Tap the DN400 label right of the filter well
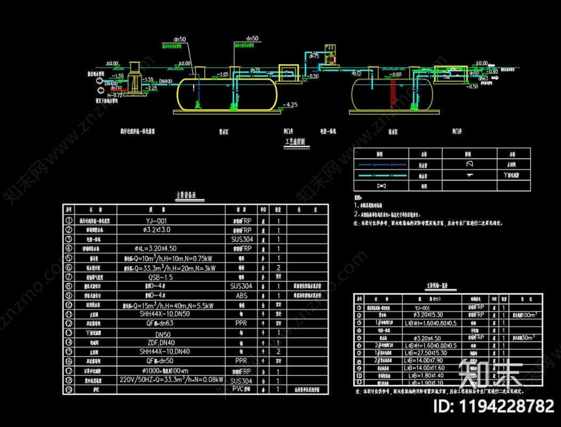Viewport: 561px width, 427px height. click(x=166, y=82)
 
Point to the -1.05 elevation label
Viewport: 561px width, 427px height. click(x=222, y=74)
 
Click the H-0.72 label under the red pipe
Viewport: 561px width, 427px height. click(x=115, y=94)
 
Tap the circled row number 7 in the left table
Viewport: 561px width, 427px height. click(x=68, y=278)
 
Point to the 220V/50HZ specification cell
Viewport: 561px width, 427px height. click(x=171, y=381)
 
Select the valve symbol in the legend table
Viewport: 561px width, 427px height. click(x=380, y=186)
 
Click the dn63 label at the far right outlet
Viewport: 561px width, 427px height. click(x=484, y=78)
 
